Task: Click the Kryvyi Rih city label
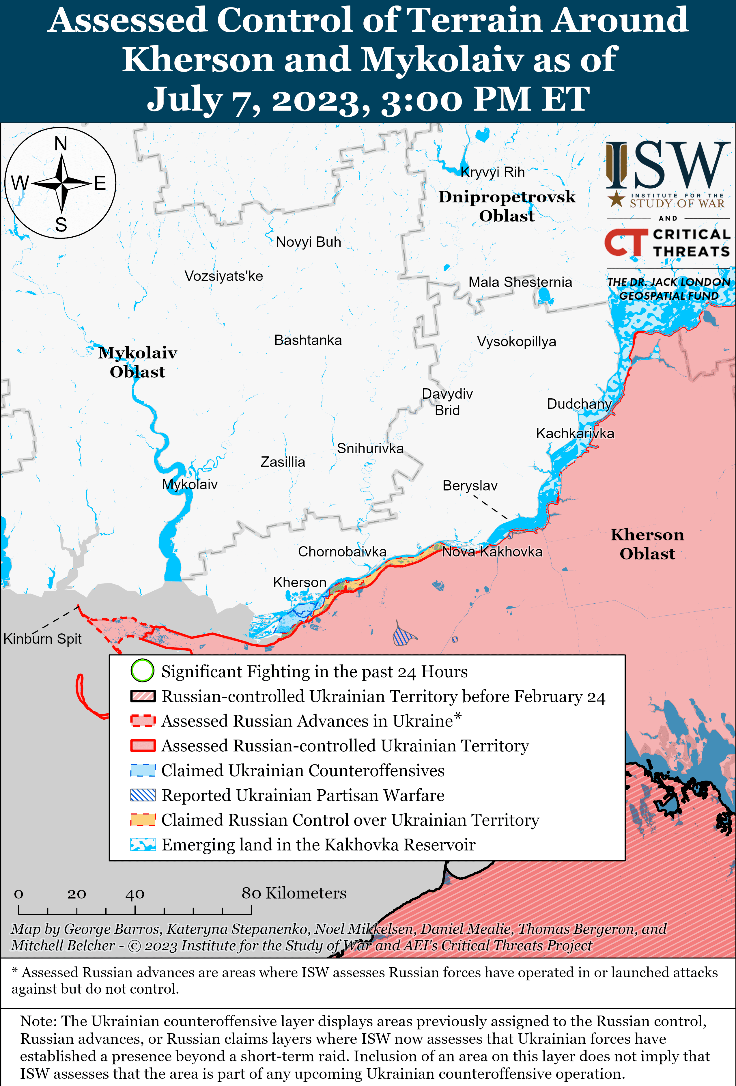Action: [x=492, y=172]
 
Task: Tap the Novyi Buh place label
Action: [x=309, y=242]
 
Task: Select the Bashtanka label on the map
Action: [x=308, y=340]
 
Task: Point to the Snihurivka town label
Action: [x=370, y=449]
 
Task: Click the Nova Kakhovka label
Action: [x=492, y=552]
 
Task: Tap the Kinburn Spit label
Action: [x=42, y=639]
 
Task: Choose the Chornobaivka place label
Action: [x=342, y=552]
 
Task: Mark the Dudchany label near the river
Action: [x=579, y=404]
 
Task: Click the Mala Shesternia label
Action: [x=520, y=282]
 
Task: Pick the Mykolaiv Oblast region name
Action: [x=137, y=362]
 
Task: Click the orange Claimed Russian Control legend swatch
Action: [x=143, y=820]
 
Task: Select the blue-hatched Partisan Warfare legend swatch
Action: [x=143, y=795]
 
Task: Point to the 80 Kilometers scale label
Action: [x=294, y=893]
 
